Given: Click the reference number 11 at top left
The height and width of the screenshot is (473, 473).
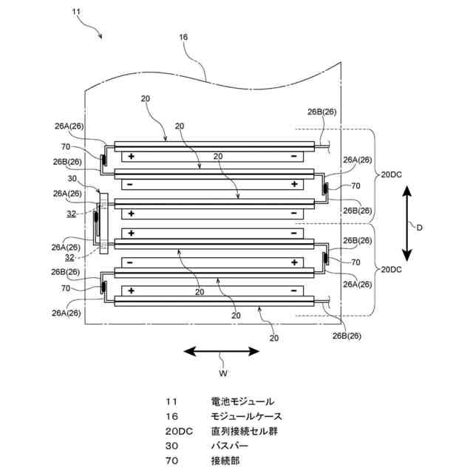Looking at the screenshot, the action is coord(76,12).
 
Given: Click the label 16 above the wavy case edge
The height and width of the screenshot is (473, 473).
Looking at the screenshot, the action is coord(183,37).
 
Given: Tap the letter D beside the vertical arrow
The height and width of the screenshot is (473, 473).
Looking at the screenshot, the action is coord(419,228).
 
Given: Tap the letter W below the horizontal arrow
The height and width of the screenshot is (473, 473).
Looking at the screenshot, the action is coord(223,373).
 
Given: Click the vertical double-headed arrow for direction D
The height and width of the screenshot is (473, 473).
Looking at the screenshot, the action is coord(407,223).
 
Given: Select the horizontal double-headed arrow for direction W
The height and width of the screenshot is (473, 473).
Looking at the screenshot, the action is coord(222,351).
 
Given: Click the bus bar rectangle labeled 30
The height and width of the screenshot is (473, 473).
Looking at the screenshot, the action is coord(103,223).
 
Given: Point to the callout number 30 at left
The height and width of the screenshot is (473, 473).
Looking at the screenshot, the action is coord(72,179).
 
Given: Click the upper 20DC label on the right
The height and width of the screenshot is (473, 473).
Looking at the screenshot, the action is coord(391,174).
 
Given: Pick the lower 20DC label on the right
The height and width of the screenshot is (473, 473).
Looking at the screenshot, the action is coord(391,270).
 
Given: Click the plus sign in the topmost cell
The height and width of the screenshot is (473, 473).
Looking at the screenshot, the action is coord(132,156).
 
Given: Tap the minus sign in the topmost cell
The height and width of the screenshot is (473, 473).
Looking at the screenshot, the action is coord(294,156).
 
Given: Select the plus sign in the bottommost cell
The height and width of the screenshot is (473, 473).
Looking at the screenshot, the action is coord(132,290).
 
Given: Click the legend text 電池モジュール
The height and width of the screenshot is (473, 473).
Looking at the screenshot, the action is coord(242,401).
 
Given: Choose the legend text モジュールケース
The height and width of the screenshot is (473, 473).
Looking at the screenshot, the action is coord(246,416).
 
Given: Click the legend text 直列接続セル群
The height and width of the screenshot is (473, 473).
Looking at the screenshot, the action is coord(245,431).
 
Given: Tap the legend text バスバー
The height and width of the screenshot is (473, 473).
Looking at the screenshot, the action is coord(230,446).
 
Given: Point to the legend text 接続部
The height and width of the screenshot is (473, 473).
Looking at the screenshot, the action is coord(225,460).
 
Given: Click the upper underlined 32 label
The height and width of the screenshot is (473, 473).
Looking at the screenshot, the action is coord(72,214).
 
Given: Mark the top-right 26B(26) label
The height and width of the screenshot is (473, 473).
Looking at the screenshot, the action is coord(322,112).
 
